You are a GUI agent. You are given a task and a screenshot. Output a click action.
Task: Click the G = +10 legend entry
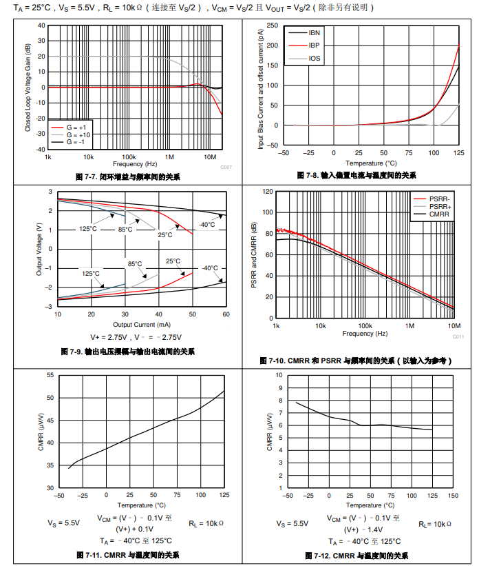[x=77, y=134]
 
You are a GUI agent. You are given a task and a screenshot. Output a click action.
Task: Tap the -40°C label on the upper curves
[x=206, y=225]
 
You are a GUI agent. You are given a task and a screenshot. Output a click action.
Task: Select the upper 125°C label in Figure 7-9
[x=87, y=229]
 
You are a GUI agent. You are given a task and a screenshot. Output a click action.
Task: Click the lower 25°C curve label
[x=173, y=261]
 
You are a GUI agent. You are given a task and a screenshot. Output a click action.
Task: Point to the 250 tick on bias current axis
[x=273, y=25]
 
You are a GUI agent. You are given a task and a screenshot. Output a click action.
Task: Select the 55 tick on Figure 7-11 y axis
[x=50, y=375]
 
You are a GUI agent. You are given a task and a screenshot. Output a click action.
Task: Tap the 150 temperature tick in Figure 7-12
[x=452, y=495]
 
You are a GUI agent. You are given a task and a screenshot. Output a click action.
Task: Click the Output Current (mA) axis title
[x=141, y=324]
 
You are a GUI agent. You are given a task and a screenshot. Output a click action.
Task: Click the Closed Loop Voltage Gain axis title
[x=28, y=88]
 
